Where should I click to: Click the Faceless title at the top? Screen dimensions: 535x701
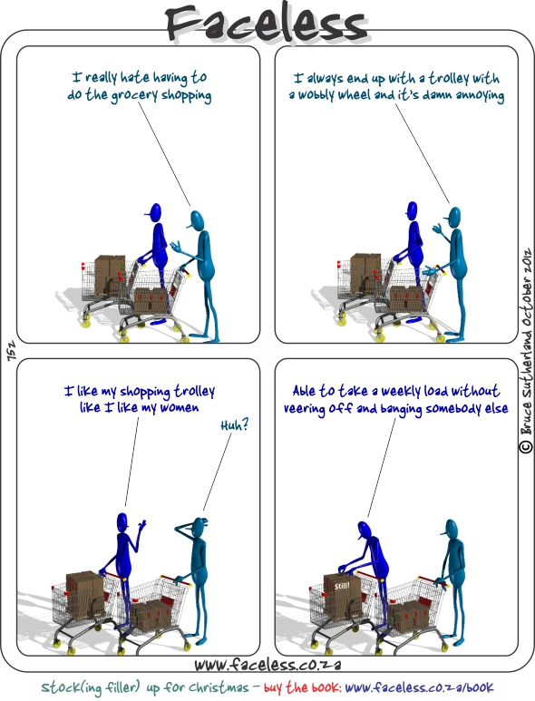(x=267, y=24)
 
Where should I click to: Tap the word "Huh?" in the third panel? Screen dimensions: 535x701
(x=235, y=424)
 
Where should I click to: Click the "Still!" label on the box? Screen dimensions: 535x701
(x=342, y=586)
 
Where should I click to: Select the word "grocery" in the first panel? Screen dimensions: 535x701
(x=134, y=95)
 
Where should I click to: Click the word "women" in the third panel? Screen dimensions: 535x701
(x=180, y=408)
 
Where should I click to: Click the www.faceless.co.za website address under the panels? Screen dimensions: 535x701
(x=267, y=665)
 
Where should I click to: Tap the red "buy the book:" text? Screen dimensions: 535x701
(x=303, y=687)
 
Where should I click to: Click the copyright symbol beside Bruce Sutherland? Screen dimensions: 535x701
(x=526, y=446)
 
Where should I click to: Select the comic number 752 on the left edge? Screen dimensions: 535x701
(x=11, y=351)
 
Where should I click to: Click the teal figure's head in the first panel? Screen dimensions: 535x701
(x=196, y=220)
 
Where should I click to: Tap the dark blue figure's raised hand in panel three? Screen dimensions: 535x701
(x=142, y=524)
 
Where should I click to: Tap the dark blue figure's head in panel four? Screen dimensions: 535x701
(x=364, y=531)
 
